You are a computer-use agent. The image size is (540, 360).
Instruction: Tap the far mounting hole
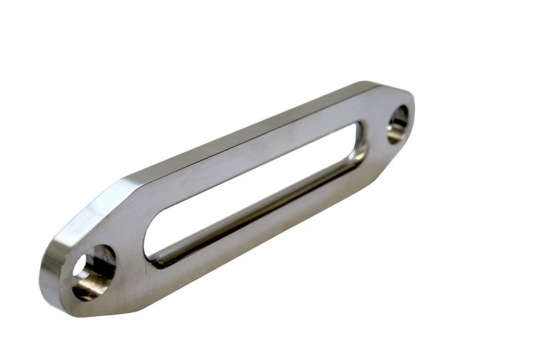click(397, 123)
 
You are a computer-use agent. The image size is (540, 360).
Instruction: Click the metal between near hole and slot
click(131, 258)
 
